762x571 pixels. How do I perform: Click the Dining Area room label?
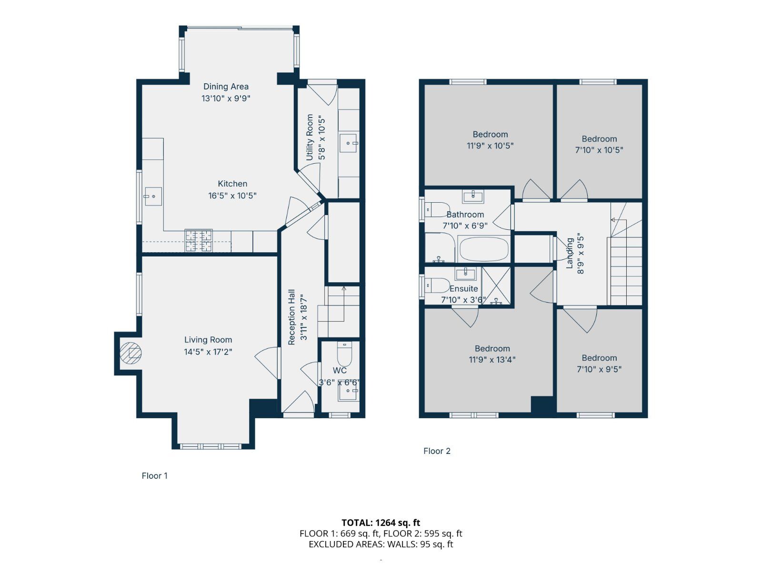click(x=226, y=87)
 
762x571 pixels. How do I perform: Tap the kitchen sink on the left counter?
click(x=153, y=196)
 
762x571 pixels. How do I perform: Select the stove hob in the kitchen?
click(x=199, y=240)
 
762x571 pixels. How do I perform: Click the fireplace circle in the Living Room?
click(x=130, y=353)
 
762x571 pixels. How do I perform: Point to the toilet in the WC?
click(x=344, y=354)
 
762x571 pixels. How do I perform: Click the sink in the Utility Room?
click(x=349, y=142)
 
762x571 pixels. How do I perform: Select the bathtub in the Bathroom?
click(x=484, y=249)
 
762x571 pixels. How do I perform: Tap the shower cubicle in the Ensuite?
click(x=496, y=285)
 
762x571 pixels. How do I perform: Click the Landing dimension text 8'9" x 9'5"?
click(x=580, y=253)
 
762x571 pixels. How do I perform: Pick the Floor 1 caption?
click(x=154, y=476)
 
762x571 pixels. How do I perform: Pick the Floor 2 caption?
click(x=437, y=451)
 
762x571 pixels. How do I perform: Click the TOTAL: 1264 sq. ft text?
click(x=381, y=523)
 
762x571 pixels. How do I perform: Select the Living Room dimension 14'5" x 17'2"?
click(x=208, y=352)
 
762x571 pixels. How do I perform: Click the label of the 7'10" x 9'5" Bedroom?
click(x=599, y=358)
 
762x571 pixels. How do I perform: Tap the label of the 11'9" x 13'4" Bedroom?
click(x=492, y=349)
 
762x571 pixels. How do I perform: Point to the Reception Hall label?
click(x=291, y=317)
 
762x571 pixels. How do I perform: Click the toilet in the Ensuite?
click(x=438, y=285)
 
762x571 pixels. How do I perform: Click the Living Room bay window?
click(x=211, y=446)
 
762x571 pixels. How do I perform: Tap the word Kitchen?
click(x=232, y=184)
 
